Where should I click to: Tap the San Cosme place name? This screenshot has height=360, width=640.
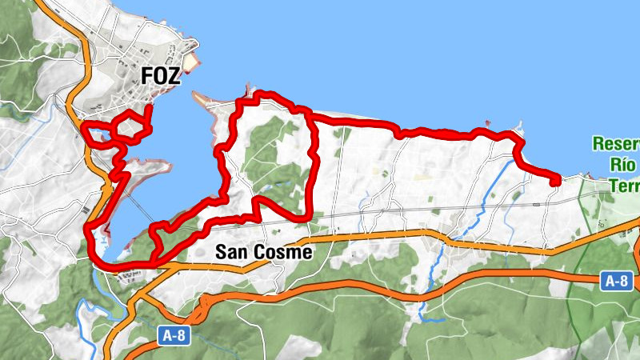click(x=263, y=252)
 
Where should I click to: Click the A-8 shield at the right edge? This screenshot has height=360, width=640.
click(x=616, y=280)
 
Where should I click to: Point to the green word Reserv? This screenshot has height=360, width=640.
click(x=616, y=145)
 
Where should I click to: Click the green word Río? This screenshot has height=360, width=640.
click(x=622, y=166)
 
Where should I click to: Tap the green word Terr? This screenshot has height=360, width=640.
click(x=624, y=186)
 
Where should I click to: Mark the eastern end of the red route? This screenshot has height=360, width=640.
click(x=555, y=182)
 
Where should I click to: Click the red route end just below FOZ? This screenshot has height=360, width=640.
click(x=150, y=107)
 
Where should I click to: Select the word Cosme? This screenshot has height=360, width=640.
click(x=282, y=252)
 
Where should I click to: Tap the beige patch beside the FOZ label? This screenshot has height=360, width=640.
click(x=190, y=62)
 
